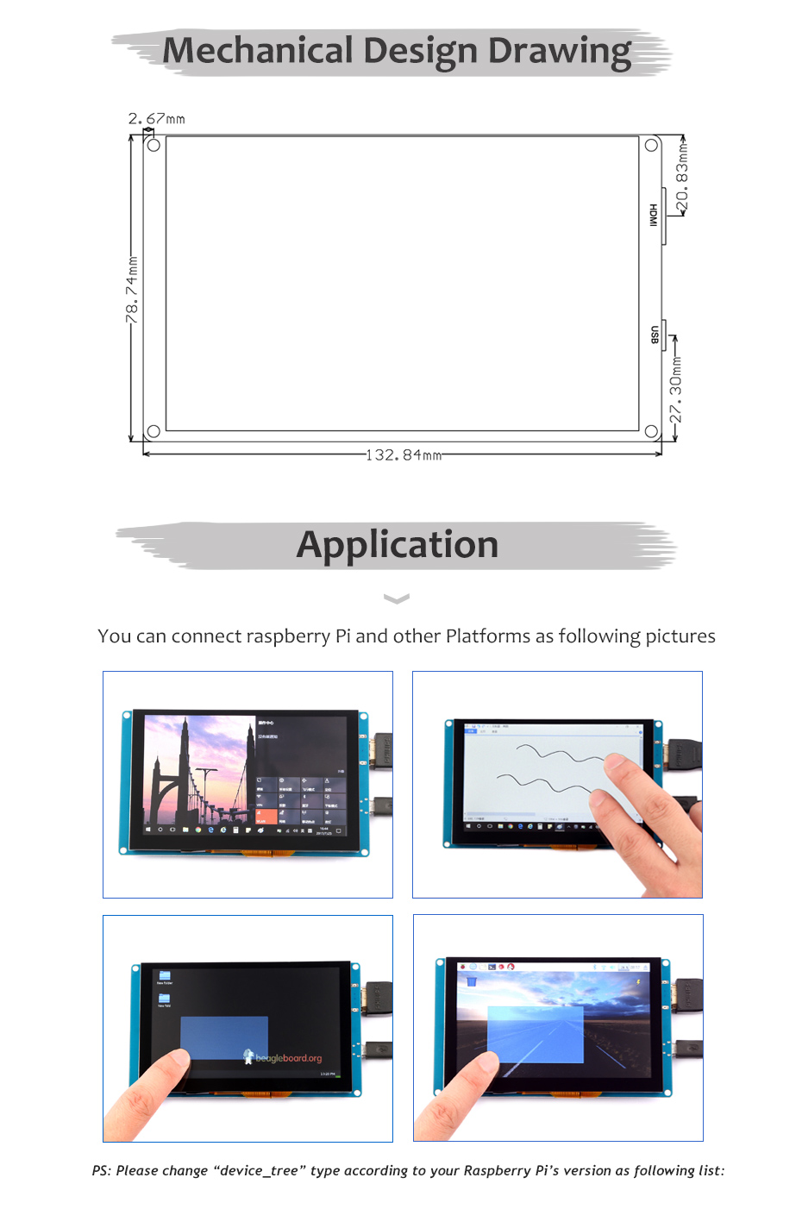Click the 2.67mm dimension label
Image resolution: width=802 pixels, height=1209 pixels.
pos(156,119)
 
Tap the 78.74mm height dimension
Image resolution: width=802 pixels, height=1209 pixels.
pos(132,290)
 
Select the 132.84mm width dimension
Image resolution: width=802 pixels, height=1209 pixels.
pos(404,454)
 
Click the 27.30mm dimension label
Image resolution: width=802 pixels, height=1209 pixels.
pos(676,390)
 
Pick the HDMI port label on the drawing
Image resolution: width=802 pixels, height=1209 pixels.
pos(654,215)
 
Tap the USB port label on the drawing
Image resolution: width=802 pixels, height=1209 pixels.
pos(655,335)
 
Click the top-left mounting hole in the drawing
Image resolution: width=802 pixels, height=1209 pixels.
pos(154,145)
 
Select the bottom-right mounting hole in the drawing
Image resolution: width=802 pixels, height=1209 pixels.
pos(651,431)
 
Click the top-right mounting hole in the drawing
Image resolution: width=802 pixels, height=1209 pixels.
pos(652,145)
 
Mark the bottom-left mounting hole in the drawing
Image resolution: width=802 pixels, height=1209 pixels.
pos(154,431)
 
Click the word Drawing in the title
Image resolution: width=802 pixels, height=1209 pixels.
pos(560,52)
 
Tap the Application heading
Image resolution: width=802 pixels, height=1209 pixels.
pos(398,545)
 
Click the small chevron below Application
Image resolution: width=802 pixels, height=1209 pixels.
pos(396,598)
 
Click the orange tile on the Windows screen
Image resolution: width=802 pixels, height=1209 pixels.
pos(266,817)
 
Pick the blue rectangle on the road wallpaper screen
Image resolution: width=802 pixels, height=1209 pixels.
pos(536,1034)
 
